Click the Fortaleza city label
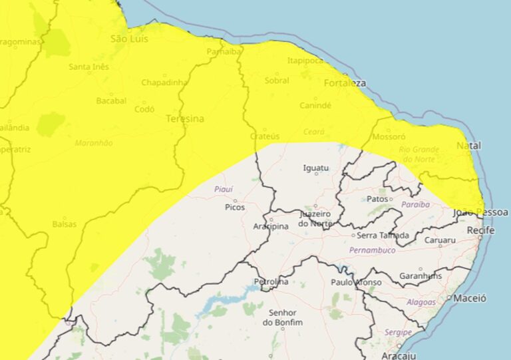345,83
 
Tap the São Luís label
127,39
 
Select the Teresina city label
185,118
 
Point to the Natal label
468,145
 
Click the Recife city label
481,230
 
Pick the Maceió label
470,298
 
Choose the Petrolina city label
271,282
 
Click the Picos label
235,207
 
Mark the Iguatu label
315,168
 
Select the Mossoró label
391,136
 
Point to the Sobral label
277,81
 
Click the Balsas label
64,224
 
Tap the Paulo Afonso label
357,282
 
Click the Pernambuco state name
373,250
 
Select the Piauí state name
223,189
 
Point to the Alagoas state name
421,302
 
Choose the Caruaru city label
440,240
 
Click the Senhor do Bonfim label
283,317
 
